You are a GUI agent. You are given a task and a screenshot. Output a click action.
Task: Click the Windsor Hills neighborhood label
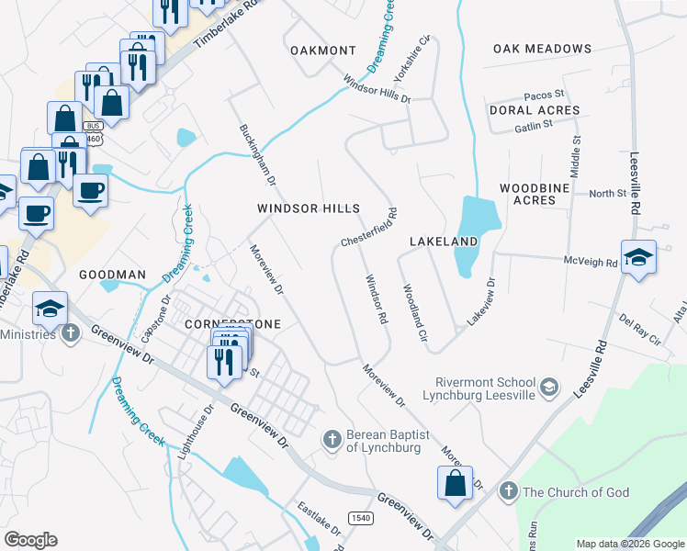click(308, 209)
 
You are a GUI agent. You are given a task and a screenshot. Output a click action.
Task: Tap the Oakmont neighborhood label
click(322, 50)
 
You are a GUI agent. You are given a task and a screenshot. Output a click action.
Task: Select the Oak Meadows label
click(542, 49)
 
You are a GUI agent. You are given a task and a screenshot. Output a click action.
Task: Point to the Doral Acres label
click(535, 110)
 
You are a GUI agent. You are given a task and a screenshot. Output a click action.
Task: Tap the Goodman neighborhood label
click(112, 275)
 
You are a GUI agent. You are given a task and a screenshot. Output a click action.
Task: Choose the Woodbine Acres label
click(528, 194)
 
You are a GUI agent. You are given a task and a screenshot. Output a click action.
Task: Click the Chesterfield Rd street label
click(368, 227)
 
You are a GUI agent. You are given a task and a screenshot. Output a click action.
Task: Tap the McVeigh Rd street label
click(591, 261)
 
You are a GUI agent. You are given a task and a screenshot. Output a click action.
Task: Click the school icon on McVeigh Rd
click(637, 257)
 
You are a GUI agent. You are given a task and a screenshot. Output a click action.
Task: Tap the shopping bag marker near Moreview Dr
click(455, 484)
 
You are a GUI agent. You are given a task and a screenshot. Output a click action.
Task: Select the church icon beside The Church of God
click(508, 492)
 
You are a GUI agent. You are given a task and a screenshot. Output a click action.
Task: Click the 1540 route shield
click(360, 519)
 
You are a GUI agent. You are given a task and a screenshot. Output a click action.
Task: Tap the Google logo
click(30, 540)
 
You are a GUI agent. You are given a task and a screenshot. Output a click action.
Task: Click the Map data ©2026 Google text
click(629, 544)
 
